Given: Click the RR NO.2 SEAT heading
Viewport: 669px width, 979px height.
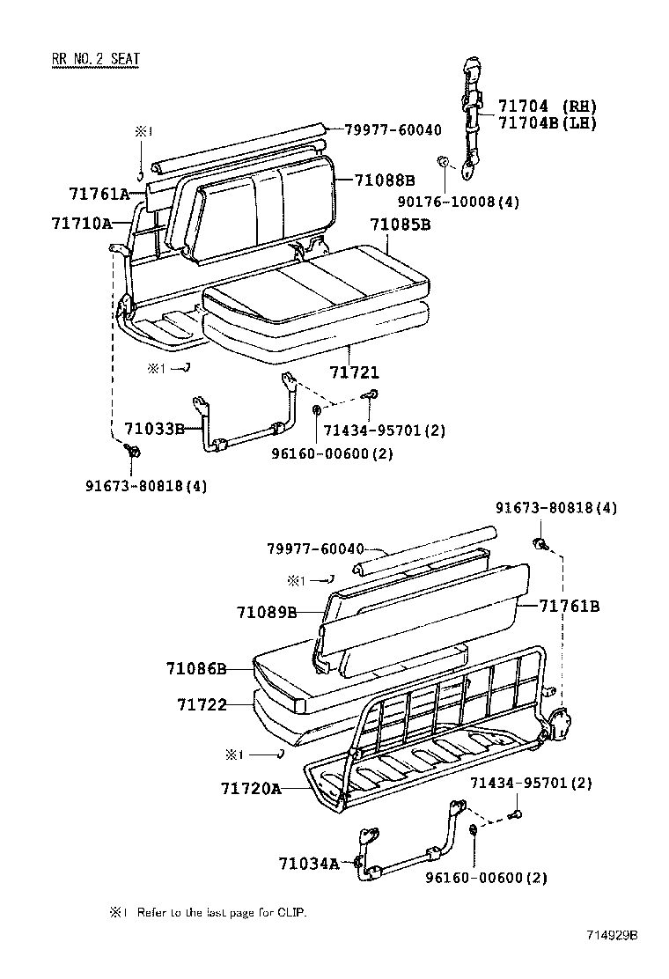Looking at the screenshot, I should tap(95, 60).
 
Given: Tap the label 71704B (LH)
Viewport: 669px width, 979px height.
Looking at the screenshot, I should tap(548, 123).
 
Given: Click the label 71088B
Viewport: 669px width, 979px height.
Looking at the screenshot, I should tap(385, 180).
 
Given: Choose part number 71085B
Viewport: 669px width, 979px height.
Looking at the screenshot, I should tap(400, 225).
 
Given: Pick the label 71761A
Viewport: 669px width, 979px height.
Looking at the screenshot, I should tap(99, 194).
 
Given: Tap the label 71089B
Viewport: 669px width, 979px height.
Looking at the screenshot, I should tap(266, 611).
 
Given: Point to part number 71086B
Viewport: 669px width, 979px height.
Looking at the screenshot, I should tap(195, 669).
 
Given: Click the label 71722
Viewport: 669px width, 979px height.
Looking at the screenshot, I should tap(202, 704).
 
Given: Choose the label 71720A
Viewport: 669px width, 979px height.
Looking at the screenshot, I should tap(251, 789).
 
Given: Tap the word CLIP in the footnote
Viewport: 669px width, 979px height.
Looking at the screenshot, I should tap(294, 913).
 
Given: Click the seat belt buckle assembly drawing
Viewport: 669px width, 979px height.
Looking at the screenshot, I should tap(472, 110).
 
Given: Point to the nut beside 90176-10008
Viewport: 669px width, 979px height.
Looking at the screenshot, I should tap(444, 162).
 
